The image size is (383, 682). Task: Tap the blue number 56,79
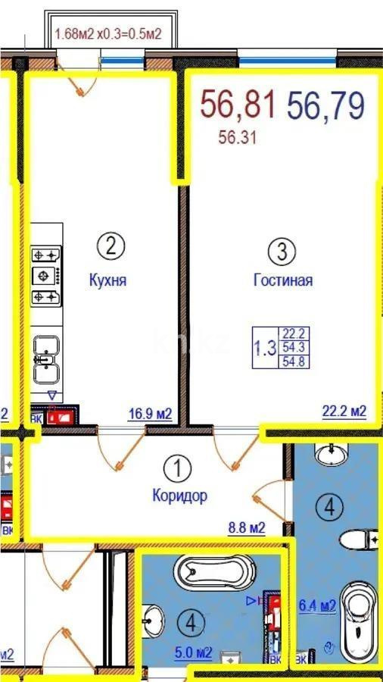(x=325, y=105)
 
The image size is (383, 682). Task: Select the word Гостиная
(x=283, y=280)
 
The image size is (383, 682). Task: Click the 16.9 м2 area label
(x=149, y=414)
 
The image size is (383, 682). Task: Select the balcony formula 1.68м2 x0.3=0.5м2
(x=111, y=34)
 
